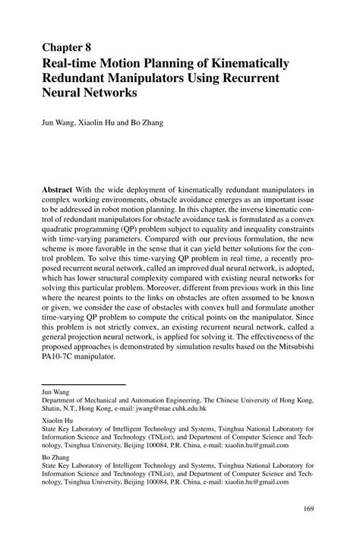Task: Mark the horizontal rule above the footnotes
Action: click(x=83, y=384)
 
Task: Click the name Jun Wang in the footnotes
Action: click(x=55, y=393)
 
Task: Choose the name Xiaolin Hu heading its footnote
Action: click(x=57, y=418)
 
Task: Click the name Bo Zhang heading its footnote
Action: click(x=56, y=459)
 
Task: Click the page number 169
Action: click(x=309, y=508)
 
